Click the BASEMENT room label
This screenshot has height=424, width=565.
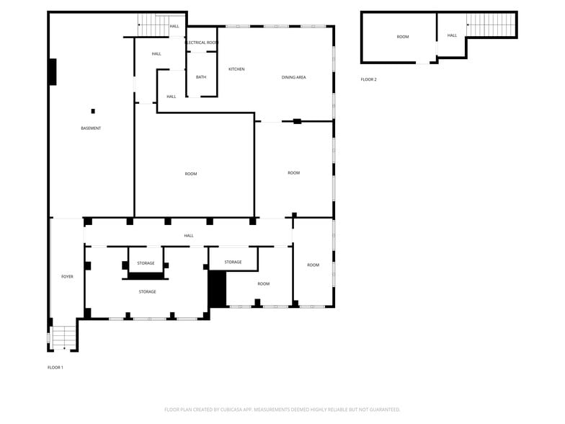coord(91,128)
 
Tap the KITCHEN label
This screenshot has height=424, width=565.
coord(236,69)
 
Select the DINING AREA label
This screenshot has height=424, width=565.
coord(293,77)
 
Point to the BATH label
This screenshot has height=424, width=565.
coord(201,77)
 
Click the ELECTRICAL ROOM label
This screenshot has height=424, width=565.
coord(202,43)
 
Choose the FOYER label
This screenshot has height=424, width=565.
coord(67,277)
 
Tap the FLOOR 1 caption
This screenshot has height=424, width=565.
coord(55,368)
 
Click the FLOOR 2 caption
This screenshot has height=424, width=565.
coord(369,79)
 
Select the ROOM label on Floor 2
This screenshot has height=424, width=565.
coord(403,37)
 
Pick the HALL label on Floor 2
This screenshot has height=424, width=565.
coord(452,35)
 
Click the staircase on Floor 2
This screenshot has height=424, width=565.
coord(491,25)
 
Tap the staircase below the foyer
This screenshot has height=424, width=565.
coord(64,337)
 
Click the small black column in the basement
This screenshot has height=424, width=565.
coord(92,111)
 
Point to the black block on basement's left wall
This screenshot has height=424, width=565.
coord(53,71)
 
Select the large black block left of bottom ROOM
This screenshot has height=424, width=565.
coord(217,288)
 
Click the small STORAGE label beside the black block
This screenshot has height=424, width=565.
coord(233,262)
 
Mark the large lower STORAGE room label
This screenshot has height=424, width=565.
coord(147,292)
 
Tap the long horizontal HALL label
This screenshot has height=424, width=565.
coord(189,236)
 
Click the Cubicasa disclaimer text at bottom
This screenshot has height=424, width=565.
coord(282,410)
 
